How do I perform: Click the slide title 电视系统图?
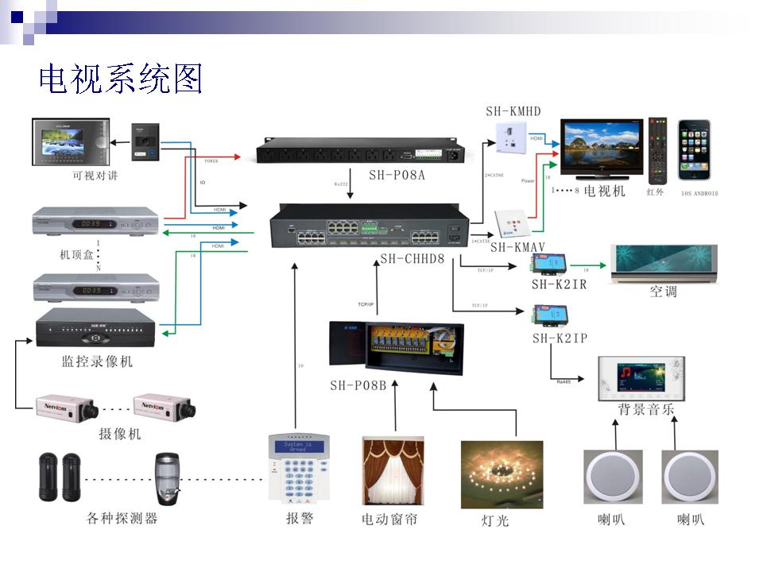(121, 79)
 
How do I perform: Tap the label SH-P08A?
(397, 175)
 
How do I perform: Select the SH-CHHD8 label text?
(412, 258)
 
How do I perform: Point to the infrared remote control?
(656, 150)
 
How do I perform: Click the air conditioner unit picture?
(663, 263)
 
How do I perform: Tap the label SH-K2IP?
(560, 338)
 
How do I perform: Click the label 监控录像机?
(97, 361)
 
